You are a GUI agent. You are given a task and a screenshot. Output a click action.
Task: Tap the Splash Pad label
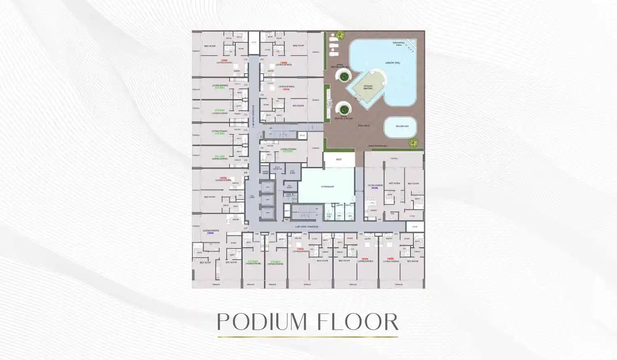pos(402,126)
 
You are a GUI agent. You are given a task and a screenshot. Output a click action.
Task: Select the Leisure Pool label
pos(392,63)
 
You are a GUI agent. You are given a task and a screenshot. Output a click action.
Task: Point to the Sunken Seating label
pos(368,87)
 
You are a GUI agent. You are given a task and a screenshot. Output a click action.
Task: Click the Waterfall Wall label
pos(399,44)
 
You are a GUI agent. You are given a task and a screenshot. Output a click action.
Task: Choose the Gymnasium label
pos(327,187)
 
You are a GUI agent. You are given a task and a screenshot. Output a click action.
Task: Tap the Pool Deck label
pos(363,125)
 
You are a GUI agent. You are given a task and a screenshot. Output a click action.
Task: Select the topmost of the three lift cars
pos(267,187)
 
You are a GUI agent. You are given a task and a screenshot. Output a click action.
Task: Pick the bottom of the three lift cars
pos(267,213)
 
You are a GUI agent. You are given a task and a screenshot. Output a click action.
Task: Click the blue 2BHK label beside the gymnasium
pos(375,188)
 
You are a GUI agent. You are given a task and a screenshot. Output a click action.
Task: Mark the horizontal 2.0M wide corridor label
pos(306,227)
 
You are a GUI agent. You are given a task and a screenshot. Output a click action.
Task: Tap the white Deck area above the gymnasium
pos(339,159)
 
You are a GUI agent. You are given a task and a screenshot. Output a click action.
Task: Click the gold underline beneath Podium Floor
pos(308,337)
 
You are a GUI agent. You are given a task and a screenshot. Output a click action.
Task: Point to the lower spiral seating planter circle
pos(343,109)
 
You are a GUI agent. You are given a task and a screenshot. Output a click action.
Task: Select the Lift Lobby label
pos(252,196)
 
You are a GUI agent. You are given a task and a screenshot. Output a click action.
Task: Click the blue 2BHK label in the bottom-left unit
pos(211,233)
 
